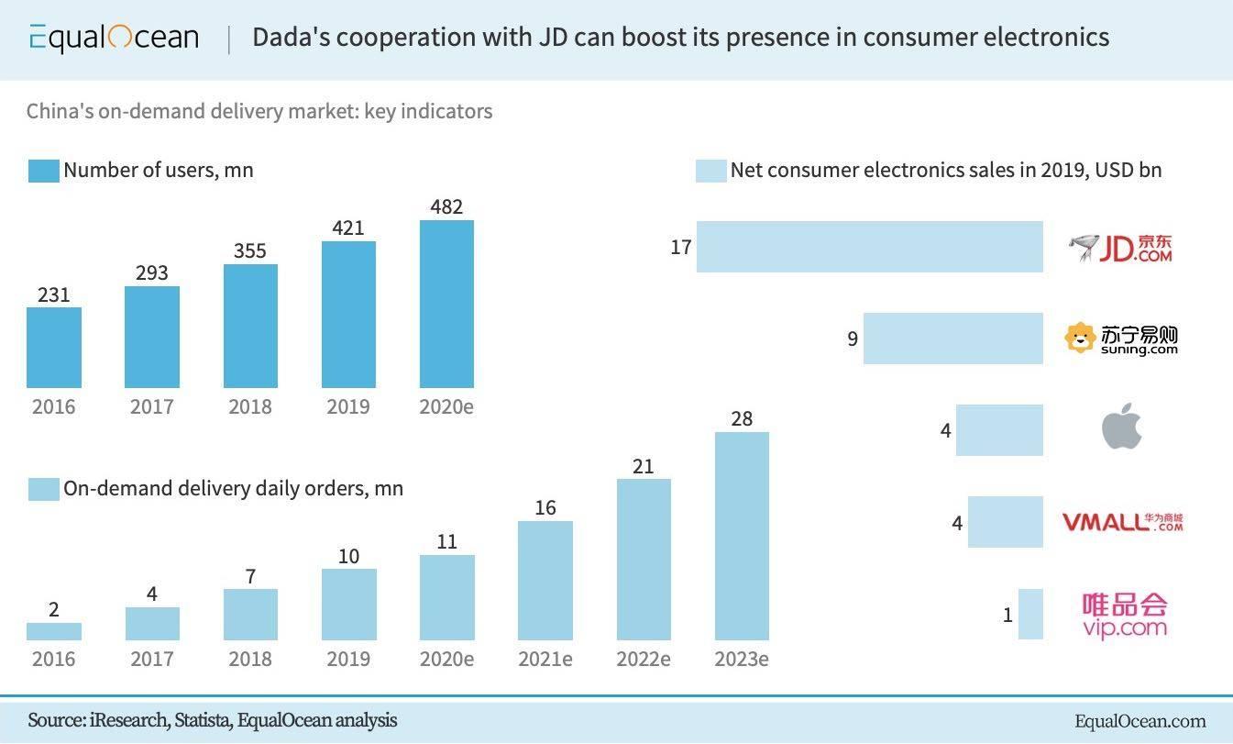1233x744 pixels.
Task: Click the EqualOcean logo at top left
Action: click(114, 38)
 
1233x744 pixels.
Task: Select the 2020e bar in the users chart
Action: click(446, 304)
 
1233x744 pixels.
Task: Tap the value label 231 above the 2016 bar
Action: click(53, 294)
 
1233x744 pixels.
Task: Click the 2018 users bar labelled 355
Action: click(250, 326)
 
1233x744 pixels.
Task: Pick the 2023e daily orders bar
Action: click(742, 536)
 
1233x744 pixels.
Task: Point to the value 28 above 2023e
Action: click(742, 419)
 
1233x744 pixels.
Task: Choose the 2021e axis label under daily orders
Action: click(545, 659)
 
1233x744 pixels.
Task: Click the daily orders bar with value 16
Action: click(545, 581)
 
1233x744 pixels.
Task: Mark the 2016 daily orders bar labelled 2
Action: click(54, 631)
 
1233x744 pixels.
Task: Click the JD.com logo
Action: click(1120, 248)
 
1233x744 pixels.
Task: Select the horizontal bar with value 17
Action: click(869, 247)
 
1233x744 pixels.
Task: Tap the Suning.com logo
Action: click(1120, 339)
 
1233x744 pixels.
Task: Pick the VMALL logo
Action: click(1122, 522)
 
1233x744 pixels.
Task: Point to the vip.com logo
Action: click(1124, 615)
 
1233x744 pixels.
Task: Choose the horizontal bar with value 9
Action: click(952, 339)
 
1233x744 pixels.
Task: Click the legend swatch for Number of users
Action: click(43, 171)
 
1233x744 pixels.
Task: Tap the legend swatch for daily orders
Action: click(43, 489)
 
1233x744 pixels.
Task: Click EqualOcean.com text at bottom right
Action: click(1140, 721)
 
